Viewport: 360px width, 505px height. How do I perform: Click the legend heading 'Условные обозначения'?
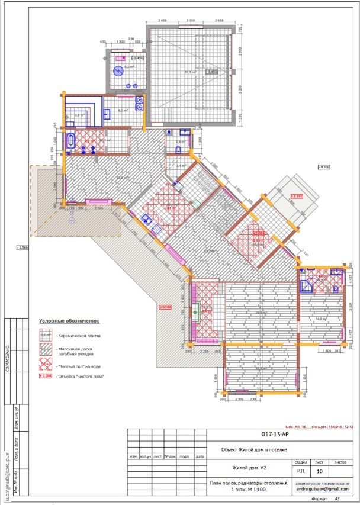pyautogui.click(x=69, y=321)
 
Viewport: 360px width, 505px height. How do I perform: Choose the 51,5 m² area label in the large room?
pyautogui.click(x=190, y=72)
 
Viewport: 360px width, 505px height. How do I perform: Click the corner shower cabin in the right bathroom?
pyautogui.click(x=307, y=287)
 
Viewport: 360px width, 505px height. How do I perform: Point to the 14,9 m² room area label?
pyautogui.click(x=320, y=319)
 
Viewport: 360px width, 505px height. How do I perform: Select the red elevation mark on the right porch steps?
pyautogui.click(x=296, y=196)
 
